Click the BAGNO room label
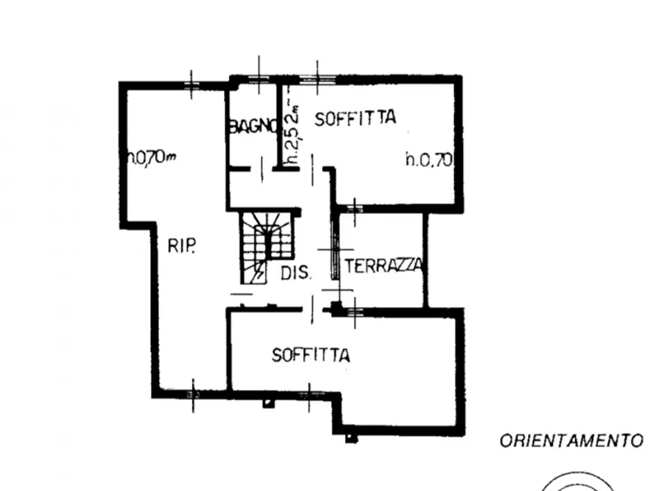[253, 126]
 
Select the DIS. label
[296, 273]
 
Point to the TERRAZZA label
[383, 265]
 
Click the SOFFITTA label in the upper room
[355, 118]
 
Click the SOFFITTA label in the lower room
[311, 355]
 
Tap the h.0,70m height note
[152, 157]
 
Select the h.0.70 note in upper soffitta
[428, 159]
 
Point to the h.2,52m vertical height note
[291, 133]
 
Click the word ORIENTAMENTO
[571, 441]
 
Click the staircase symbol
[266, 247]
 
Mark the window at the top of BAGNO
[259, 78]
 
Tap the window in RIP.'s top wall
[191, 85]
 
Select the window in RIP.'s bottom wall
[193, 394]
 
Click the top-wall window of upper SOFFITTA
[317, 78]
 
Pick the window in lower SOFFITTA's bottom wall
[309, 394]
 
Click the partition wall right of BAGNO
[280, 125]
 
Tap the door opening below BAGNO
[261, 169]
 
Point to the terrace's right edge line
[426, 261]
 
